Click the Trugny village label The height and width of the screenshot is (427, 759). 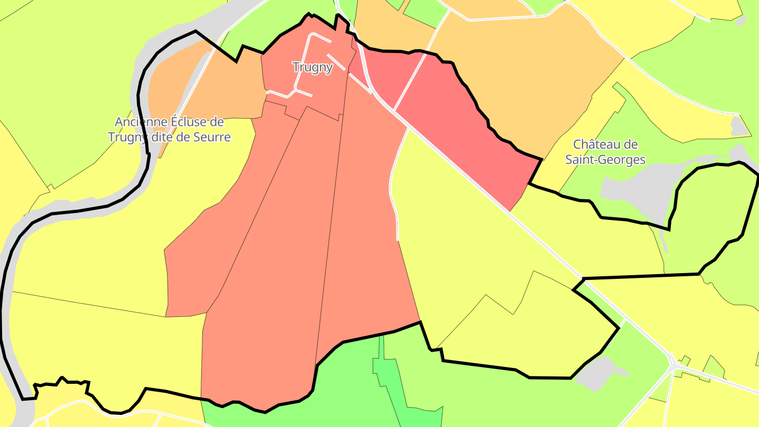pos(313,67)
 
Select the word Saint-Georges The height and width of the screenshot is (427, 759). pos(605,159)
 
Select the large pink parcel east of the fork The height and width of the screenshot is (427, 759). pos(464,132)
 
